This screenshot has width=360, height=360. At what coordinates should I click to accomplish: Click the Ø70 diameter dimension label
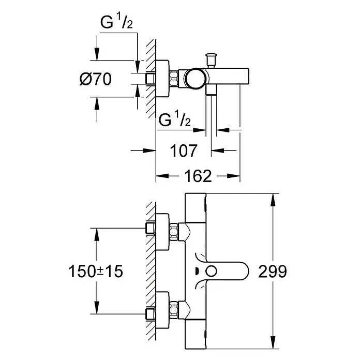(96, 79)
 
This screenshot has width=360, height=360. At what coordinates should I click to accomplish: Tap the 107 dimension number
(184, 151)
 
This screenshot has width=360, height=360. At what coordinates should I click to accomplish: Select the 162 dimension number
(198, 176)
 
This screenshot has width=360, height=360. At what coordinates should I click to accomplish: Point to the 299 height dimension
(273, 271)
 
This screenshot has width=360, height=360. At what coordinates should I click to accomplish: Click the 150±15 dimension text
(96, 271)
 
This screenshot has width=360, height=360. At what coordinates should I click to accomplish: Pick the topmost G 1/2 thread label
(116, 21)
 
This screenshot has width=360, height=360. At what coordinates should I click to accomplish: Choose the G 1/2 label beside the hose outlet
(175, 119)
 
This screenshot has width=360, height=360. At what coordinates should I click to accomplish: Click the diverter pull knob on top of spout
(211, 59)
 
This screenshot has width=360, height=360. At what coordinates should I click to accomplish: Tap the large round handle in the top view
(195, 78)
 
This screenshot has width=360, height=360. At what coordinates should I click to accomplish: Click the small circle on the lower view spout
(211, 271)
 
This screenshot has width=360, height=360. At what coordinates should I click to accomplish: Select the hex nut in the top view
(174, 79)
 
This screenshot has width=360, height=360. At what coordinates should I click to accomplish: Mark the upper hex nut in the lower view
(174, 232)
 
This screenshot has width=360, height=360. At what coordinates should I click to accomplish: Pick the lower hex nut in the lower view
(174, 309)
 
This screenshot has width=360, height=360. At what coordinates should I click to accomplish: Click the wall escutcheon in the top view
(162, 79)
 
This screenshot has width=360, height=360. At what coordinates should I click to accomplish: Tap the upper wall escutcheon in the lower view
(162, 232)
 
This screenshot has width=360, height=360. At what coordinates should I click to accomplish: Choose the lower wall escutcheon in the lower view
(162, 309)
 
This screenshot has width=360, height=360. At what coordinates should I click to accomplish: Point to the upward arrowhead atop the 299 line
(273, 200)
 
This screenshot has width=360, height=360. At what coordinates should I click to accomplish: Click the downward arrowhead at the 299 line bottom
(273, 342)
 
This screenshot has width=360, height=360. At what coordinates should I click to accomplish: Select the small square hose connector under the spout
(212, 89)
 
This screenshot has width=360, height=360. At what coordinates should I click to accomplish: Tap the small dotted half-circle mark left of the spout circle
(197, 271)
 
